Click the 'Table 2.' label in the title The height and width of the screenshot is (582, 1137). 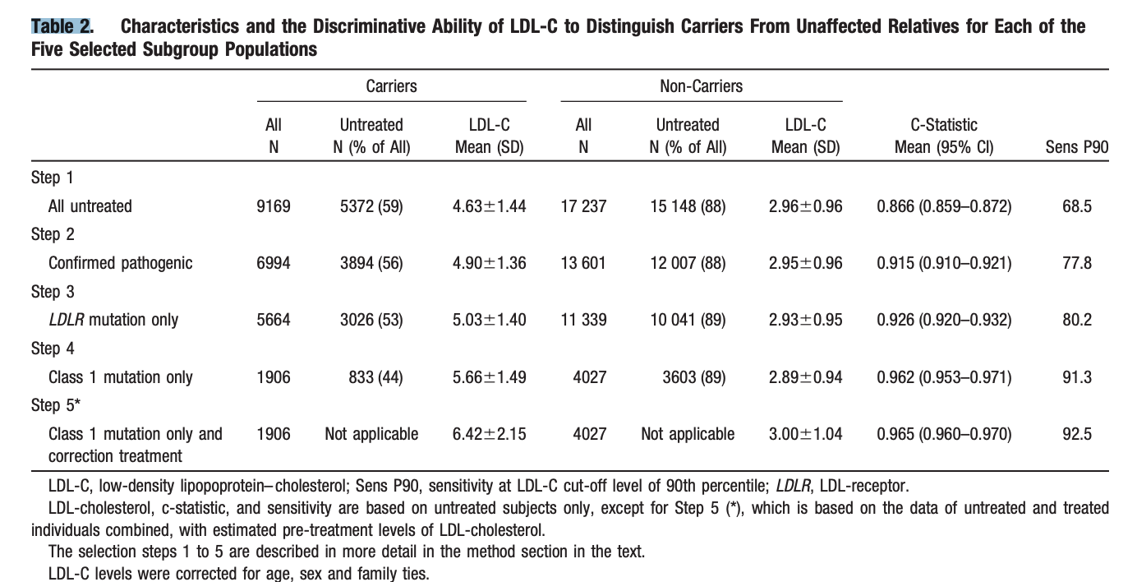[62, 26]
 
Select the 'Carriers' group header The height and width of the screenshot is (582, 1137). [391, 86]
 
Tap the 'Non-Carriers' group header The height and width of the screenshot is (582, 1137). [701, 86]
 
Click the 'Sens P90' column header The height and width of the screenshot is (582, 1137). [1076, 148]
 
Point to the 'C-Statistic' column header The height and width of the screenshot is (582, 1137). [944, 125]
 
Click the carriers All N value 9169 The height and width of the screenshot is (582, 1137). [274, 206]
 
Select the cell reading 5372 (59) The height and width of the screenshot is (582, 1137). [371, 206]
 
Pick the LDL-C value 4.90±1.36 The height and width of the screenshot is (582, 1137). [489, 263]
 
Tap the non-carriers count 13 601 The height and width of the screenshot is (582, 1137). [583, 263]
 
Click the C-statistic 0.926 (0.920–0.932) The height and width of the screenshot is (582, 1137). [944, 320]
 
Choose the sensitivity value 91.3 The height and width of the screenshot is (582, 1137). [1076, 377]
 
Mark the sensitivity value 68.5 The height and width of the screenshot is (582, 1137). [1076, 206]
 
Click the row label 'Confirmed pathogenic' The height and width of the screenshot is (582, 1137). [120, 263]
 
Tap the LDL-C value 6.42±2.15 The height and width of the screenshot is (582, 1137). [489, 434]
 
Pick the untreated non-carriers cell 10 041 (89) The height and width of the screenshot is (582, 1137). [688, 320]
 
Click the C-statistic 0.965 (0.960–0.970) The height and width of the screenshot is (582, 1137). [944, 434]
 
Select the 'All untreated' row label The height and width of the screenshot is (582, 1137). [90, 206]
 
